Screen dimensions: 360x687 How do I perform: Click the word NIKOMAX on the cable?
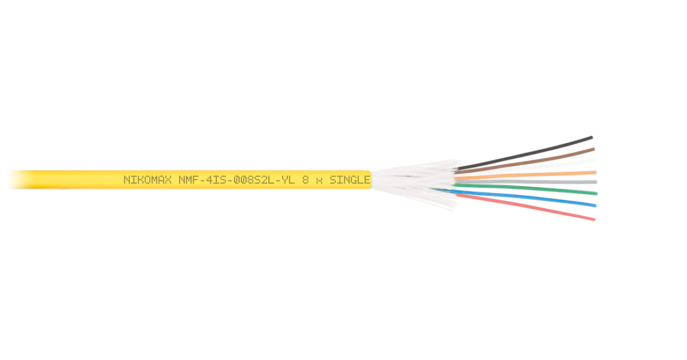[x=148, y=180]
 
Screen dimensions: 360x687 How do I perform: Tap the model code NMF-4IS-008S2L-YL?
[x=237, y=180]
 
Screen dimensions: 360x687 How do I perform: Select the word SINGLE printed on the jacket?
[x=349, y=180]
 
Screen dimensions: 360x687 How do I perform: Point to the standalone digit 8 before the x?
[x=305, y=180]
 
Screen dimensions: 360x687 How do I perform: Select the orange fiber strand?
[x=537, y=174]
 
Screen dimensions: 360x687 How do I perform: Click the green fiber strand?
[x=537, y=189]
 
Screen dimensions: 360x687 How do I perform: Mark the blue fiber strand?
[x=537, y=199]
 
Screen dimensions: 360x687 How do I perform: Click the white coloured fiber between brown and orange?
[x=537, y=166]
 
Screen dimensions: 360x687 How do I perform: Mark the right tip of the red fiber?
[x=594, y=219]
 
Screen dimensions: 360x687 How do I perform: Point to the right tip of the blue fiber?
[x=595, y=205]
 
